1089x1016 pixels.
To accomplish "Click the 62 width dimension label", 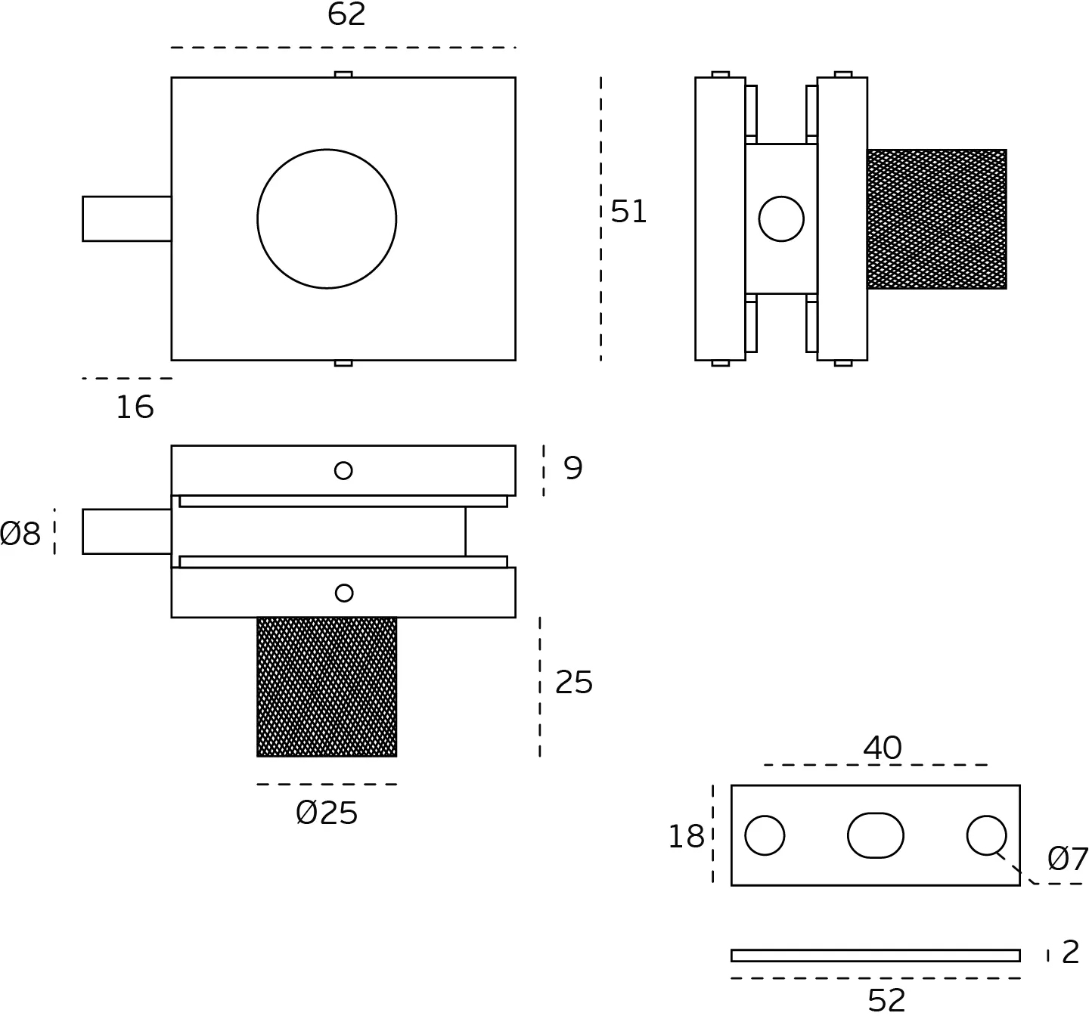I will tap(346, 14).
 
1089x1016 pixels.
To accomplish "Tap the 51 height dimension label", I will tap(628, 212).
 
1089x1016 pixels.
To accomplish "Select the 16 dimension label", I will tap(135, 407).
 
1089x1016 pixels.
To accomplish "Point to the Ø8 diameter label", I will tap(20, 534).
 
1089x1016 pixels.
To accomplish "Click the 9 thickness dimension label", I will tap(573, 468).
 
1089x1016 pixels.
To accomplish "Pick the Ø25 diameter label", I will tap(327, 813).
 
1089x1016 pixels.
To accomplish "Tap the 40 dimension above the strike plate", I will tap(882, 748).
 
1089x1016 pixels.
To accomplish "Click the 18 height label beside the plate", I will tap(686, 837).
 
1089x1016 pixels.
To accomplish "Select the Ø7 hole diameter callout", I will tap(1067, 859).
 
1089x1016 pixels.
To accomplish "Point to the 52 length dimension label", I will tap(886, 1000).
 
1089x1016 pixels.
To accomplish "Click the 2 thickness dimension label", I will tap(1070, 952).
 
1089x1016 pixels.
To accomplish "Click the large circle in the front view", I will tap(327, 219).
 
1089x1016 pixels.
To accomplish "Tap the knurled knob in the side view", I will tap(936, 219).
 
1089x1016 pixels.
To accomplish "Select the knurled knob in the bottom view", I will tap(327, 686).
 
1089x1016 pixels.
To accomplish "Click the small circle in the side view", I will tap(781, 219).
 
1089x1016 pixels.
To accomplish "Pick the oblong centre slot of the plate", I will tap(876, 835).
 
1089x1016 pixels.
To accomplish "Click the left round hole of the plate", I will tap(765, 835).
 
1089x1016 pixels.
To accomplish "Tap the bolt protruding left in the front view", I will tap(126, 219).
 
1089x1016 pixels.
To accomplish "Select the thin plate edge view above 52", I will tap(875, 956).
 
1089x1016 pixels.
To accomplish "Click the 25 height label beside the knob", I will tap(573, 683).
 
